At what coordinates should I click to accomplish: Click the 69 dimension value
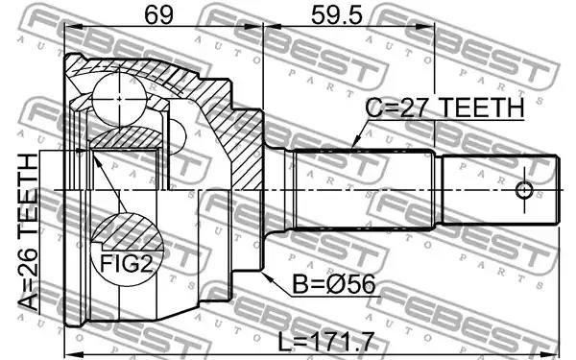pyautogui.click(x=158, y=15)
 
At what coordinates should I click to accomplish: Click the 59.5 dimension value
pyautogui.click(x=337, y=15)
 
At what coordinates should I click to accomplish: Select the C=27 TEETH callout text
pyautogui.click(x=444, y=108)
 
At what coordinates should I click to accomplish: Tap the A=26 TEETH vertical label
pyautogui.click(x=28, y=232)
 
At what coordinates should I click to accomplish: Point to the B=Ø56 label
pyautogui.click(x=334, y=284)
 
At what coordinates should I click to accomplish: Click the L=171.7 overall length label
pyautogui.click(x=325, y=342)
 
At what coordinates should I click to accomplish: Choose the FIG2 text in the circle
pyautogui.click(x=126, y=263)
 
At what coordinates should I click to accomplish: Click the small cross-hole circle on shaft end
pyautogui.click(x=524, y=190)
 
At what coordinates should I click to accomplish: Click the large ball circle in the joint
pyautogui.click(x=120, y=99)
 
